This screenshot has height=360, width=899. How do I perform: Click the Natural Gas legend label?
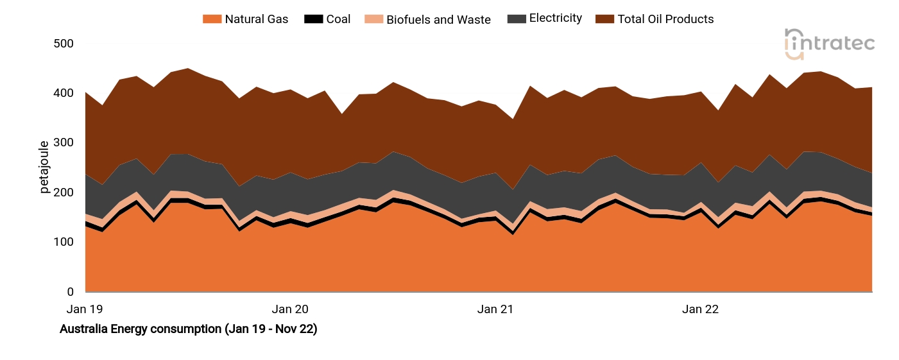[x=256, y=19]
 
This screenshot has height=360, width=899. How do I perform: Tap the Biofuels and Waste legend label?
[x=438, y=20]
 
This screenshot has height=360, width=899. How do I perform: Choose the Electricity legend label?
[x=555, y=19]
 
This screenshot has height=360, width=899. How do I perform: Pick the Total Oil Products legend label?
[x=665, y=19]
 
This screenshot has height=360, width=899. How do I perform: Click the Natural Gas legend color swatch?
[x=211, y=19]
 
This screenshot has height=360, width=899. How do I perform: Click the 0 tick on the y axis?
[x=71, y=292]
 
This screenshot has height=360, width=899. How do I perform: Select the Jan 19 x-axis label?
[x=85, y=309]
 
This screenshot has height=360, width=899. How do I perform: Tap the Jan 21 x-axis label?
[x=495, y=309]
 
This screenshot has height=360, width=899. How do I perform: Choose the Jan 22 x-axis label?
[x=700, y=309]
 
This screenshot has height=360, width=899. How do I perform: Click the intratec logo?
[x=829, y=44]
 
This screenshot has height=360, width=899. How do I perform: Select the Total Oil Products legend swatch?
[x=604, y=19]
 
